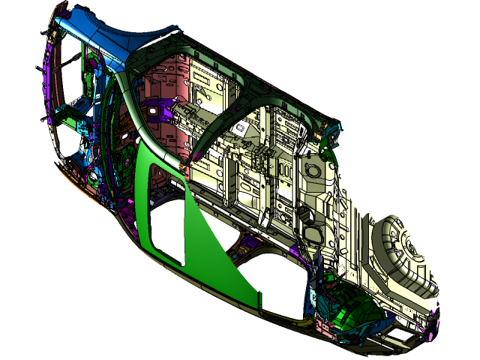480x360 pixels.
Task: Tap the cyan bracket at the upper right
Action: (330, 135)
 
